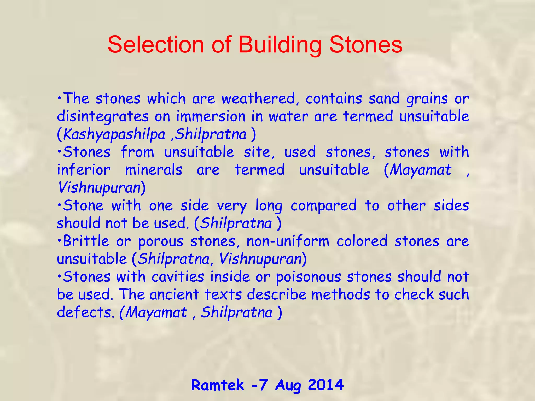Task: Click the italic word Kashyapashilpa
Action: [114, 135]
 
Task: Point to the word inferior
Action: [84, 170]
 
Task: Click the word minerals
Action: [153, 170]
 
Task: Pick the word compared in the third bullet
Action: [323, 206]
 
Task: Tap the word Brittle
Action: [86, 241]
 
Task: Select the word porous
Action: [160, 241]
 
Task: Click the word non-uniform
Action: [288, 241]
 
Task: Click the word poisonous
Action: [309, 277]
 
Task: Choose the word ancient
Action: [174, 294]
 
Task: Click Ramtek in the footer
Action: [217, 385]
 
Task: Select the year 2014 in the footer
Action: [325, 385]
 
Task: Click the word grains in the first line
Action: [427, 99]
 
